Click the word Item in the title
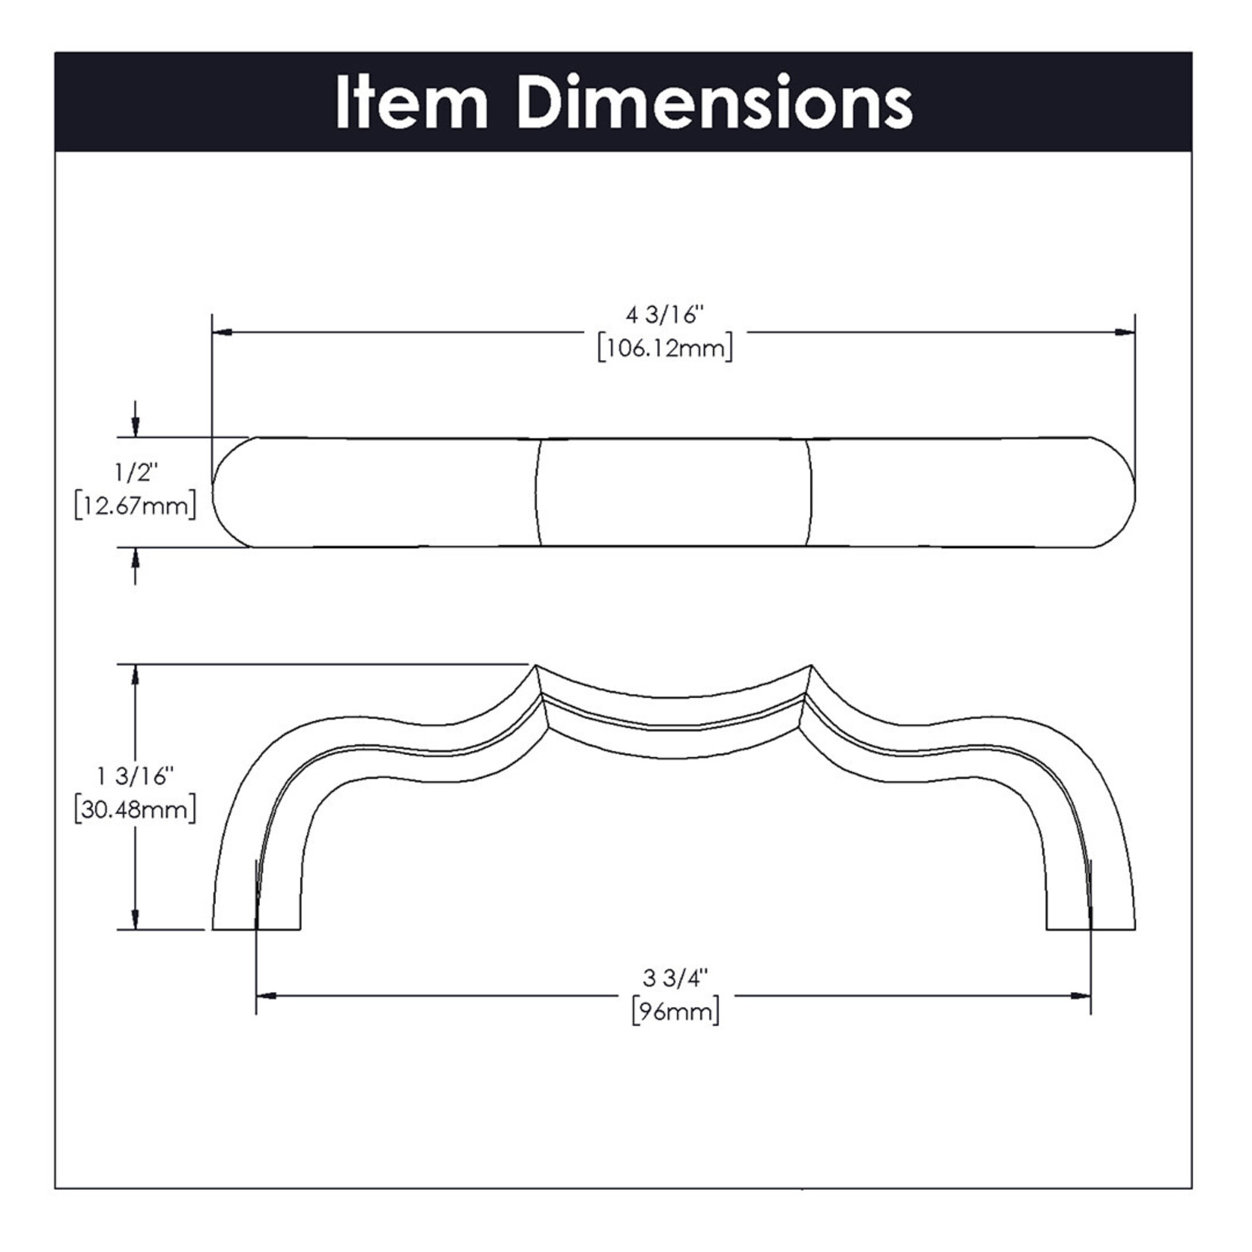coord(412,102)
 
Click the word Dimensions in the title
coord(715,102)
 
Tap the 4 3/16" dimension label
coord(665,315)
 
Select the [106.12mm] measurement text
coord(665,349)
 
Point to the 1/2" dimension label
coord(136,473)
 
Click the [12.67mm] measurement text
coord(136,505)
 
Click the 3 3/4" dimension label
coord(674,978)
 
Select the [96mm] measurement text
coord(675,1012)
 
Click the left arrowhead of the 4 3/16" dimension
coord(221,332)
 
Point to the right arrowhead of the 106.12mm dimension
coord(1125,332)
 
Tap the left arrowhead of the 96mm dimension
coord(266,995)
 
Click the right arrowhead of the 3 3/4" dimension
coord(1081,995)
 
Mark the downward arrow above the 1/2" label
coord(136,419)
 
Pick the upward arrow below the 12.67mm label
coord(136,565)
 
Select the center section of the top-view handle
coord(673,492)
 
